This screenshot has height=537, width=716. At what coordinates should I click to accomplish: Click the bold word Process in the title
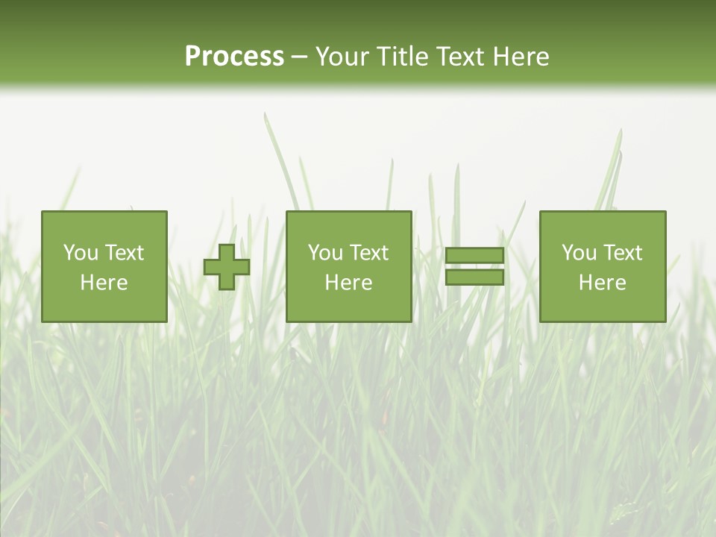click(234, 57)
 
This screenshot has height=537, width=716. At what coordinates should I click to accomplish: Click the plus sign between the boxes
click(227, 267)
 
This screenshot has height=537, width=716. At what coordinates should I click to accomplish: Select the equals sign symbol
click(474, 266)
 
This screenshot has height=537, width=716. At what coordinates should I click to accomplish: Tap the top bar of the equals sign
click(474, 255)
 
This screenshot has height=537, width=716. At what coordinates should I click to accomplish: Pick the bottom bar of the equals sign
click(474, 277)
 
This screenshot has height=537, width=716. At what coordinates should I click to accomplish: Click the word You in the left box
click(81, 253)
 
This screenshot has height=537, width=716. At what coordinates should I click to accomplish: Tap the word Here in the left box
click(104, 283)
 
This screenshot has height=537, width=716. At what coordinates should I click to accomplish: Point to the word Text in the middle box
click(369, 253)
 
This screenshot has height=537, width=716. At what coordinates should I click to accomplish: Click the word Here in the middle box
click(348, 283)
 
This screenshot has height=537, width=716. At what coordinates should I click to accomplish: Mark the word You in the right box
click(579, 253)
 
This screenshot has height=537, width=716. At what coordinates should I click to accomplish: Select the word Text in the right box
click(623, 253)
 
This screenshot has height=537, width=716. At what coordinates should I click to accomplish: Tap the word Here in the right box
click(602, 283)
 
